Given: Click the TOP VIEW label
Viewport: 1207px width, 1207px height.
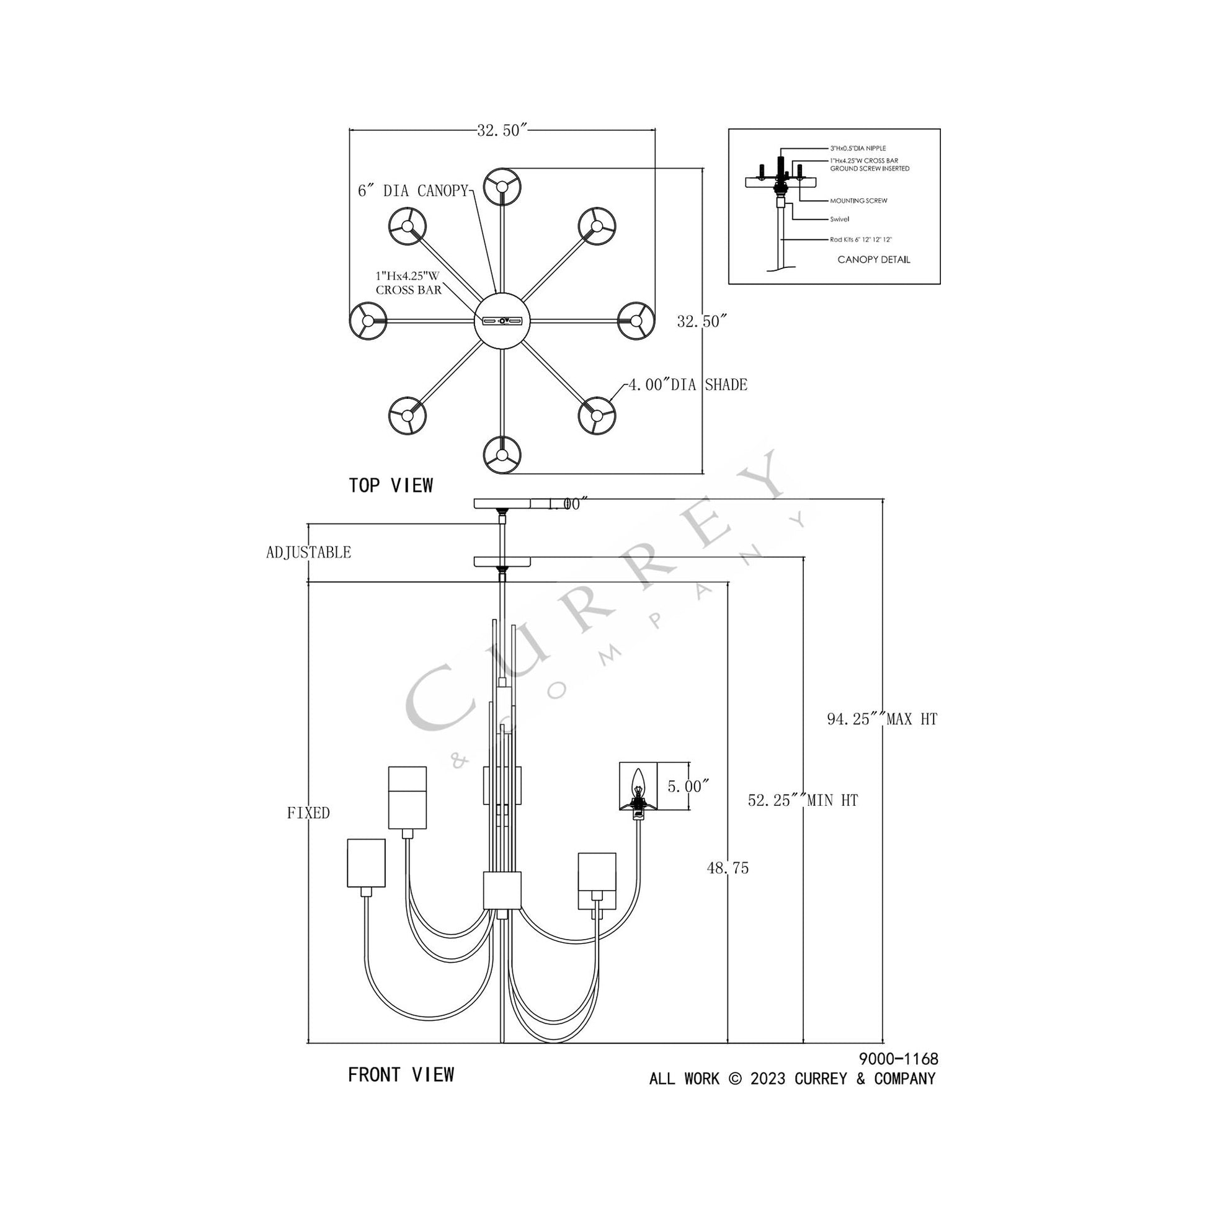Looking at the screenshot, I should pos(391,486).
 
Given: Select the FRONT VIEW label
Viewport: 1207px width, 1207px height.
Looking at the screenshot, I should pos(401,1074).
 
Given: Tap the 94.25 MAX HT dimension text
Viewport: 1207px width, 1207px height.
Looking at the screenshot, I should pos(881,719).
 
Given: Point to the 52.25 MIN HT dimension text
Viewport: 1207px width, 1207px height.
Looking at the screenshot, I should pos(803,800).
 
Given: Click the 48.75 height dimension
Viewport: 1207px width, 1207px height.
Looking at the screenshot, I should pos(728,868).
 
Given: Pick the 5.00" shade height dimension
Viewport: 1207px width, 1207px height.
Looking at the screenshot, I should pos(688,786).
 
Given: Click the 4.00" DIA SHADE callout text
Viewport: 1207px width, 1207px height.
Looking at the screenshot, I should pos(687,385).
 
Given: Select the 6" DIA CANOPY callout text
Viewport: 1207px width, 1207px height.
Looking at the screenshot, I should pos(412,191).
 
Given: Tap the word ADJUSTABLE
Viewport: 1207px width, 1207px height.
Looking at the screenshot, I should pos(309,552).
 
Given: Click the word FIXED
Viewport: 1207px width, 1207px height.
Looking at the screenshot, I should pos(309,813).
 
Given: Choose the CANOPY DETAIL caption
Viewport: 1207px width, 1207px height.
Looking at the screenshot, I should pos(873,259).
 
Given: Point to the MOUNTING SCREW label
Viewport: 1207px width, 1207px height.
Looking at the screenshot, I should pos(858,201).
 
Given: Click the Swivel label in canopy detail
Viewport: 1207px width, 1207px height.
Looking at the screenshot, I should pos(839,220).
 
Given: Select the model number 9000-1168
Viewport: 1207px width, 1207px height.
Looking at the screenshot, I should pos(898,1059).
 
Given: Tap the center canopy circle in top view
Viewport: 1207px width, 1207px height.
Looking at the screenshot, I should pos(502,321).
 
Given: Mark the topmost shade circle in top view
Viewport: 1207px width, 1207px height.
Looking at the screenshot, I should pos(502,186).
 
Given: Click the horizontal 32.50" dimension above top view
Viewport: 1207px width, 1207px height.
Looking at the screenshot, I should pos(502,131).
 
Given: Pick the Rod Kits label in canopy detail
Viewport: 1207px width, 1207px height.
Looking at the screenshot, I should pos(861,239).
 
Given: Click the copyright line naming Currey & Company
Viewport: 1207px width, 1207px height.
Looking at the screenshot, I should pos(791,1079).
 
